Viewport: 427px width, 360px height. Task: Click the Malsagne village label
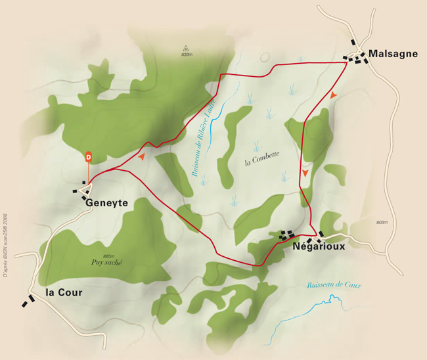[393, 53]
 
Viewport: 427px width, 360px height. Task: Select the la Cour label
[64, 292]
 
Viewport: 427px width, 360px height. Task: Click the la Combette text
[262, 158]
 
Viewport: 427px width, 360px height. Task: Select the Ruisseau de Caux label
[334, 285]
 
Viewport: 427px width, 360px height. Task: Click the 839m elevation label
[187, 54]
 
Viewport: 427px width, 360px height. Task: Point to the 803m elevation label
[382, 223]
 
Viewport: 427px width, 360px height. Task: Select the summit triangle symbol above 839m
[186, 47]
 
